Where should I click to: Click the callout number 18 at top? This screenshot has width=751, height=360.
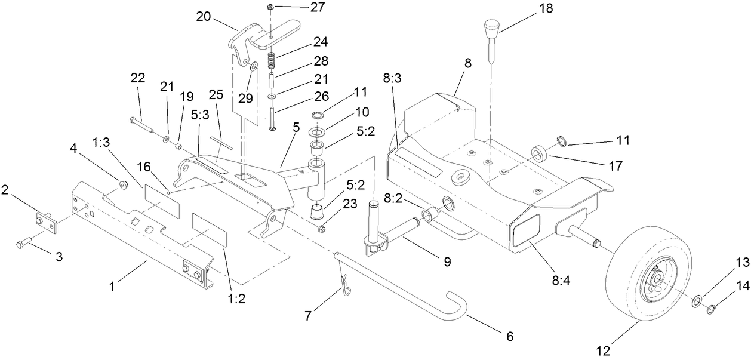click(x=546, y=8)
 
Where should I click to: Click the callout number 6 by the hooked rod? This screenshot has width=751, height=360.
click(x=509, y=336)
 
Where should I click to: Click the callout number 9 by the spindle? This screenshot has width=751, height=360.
click(x=447, y=261)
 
